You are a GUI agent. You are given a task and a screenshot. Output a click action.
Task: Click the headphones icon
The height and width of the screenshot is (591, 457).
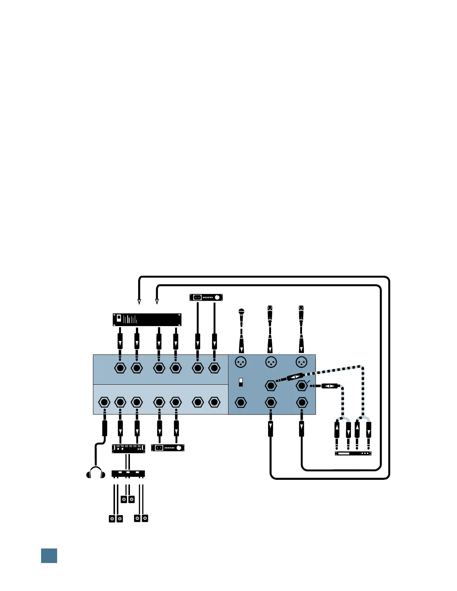click(x=96, y=473)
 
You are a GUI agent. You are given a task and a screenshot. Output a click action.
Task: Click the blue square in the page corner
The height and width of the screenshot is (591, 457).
click(x=49, y=556)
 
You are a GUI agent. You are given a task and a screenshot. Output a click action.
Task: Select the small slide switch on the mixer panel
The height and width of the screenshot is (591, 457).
click(x=241, y=382)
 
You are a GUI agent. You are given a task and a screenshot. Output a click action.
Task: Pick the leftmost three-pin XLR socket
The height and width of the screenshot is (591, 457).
click(x=241, y=362)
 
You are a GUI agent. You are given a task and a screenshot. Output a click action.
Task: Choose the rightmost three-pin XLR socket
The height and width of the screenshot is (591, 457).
click(x=301, y=362)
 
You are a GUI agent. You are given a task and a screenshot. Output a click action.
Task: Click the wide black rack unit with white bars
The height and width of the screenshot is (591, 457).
click(x=147, y=320)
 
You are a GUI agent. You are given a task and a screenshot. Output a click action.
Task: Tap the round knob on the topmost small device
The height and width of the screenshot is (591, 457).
click(x=217, y=297)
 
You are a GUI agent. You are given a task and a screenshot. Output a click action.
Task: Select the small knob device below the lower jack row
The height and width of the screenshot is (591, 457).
click(x=168, y=448)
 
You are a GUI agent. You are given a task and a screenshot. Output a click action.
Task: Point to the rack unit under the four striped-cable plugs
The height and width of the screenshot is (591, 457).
click(x=353, y=454)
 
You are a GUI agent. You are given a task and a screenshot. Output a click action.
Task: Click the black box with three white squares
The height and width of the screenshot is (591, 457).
click(x=128, y=474)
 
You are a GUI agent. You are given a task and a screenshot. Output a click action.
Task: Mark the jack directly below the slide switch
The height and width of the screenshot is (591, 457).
click(x=241, y=403)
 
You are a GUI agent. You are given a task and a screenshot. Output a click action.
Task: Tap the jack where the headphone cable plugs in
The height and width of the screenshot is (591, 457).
click(x=104, y=402)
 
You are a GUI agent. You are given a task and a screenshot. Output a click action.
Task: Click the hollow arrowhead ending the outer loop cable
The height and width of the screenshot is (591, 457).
click(x=139, y=301)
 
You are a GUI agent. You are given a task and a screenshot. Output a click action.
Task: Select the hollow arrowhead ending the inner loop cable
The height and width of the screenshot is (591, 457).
click(x=157, y=301)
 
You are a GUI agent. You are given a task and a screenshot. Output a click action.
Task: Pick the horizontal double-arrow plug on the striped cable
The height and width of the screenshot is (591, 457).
click(x=330, y=386)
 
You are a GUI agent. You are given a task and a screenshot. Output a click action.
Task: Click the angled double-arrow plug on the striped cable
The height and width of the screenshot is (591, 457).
click(x=295, y=377)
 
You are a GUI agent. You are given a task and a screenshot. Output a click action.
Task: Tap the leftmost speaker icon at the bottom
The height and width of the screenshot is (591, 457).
click(x=112, y=519)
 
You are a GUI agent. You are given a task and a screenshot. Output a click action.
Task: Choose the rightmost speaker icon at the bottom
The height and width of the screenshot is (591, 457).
click(x=145, y=519)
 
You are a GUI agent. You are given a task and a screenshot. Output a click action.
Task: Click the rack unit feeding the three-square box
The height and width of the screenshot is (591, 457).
click(x=128, y=448)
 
